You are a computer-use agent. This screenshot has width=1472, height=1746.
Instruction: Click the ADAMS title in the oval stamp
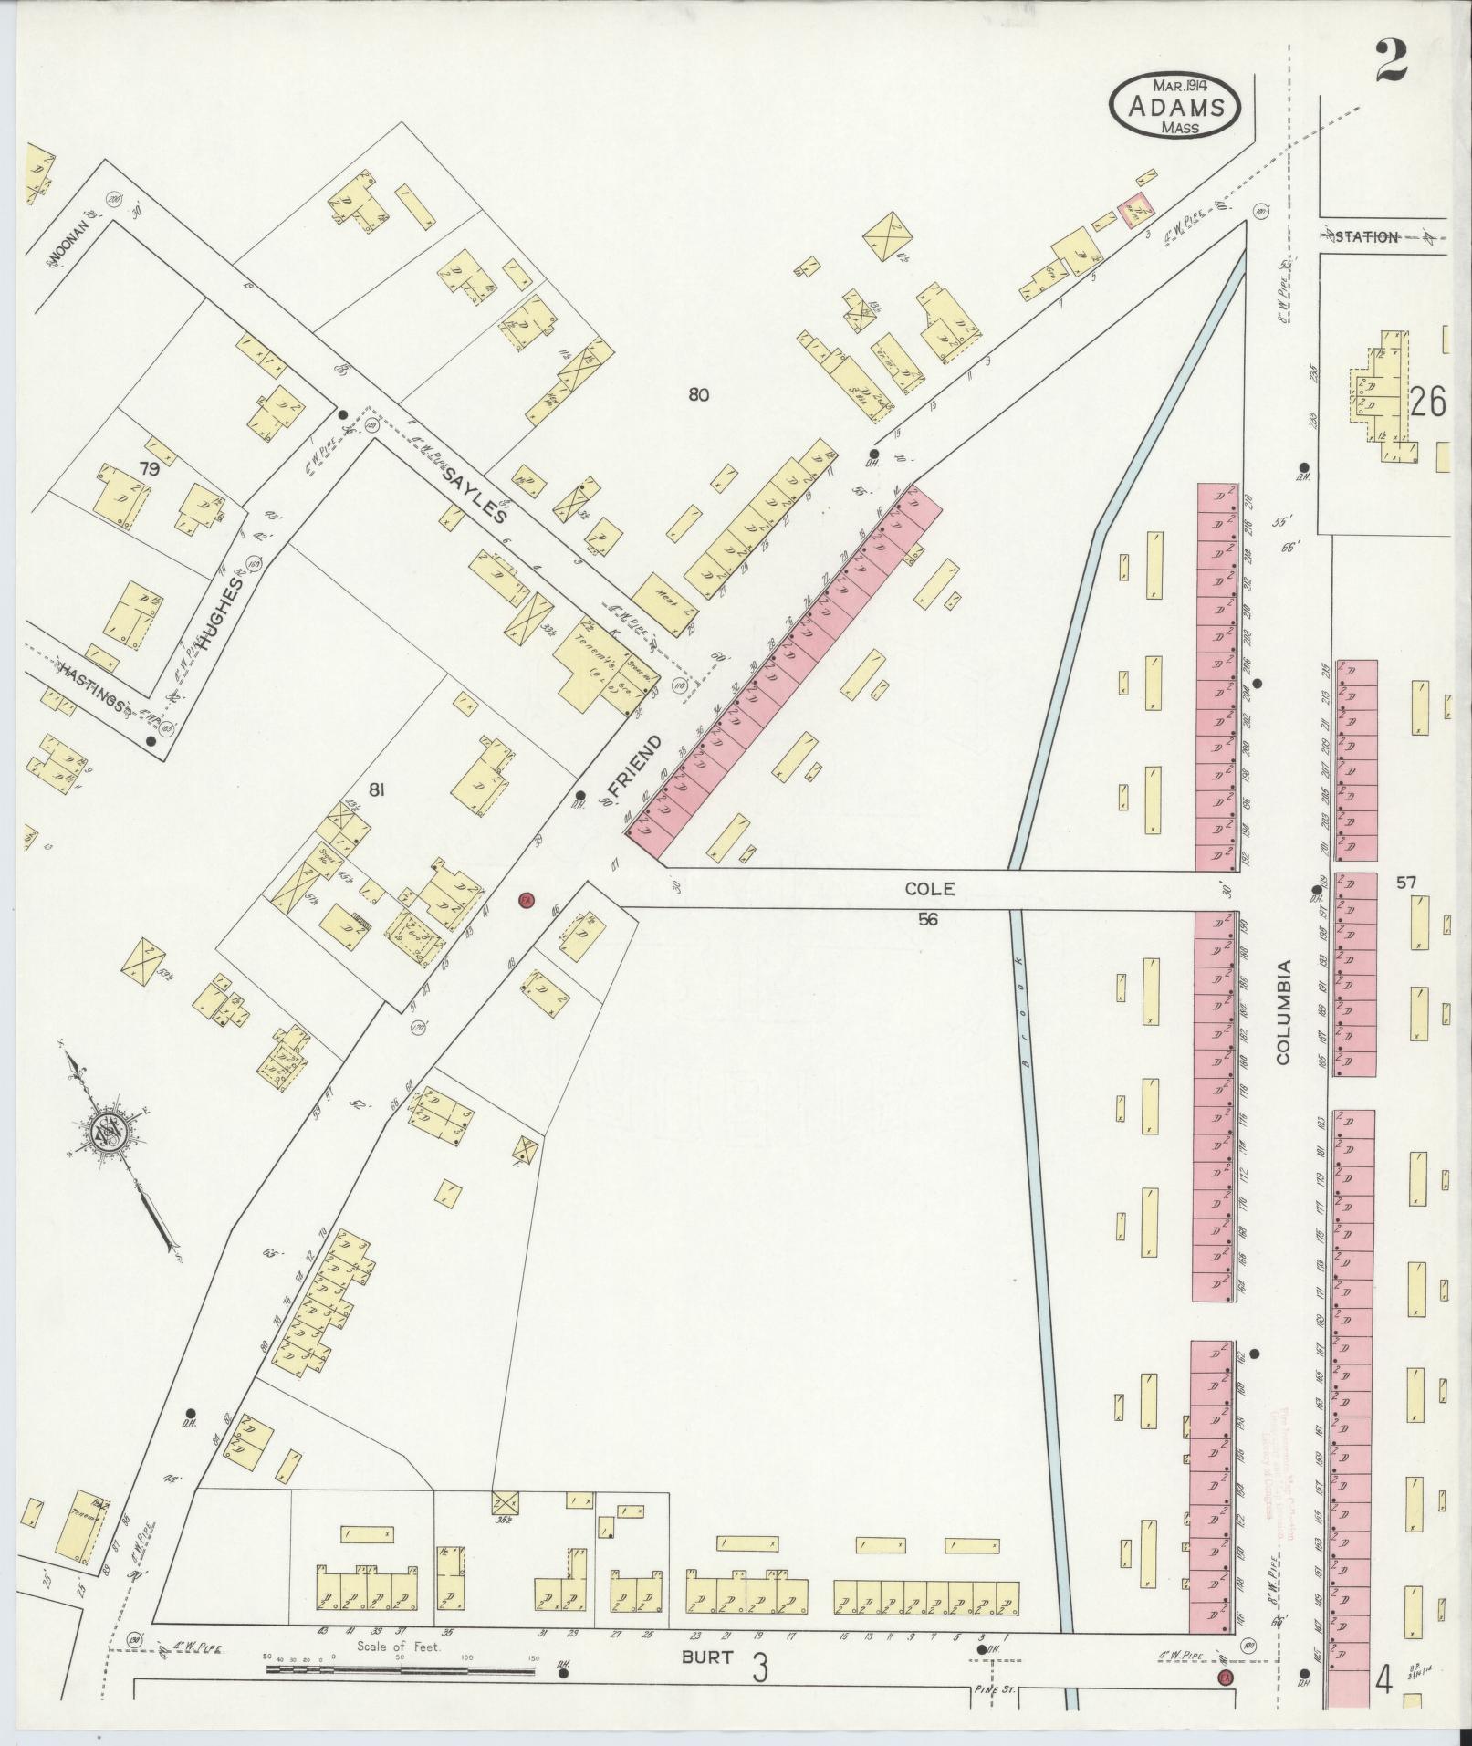(x=1174, y=108)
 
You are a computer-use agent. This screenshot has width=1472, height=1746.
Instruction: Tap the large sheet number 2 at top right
(x=1392, y=62)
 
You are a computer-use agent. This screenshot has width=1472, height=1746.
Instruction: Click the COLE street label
(x=929, y=888)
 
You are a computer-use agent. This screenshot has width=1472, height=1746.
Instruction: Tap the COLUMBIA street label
(x=1285, y=1011)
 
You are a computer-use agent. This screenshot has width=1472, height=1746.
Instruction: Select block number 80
(x=699, y=395)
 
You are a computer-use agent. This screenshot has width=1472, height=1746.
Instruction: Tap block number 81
(x=376, y=791)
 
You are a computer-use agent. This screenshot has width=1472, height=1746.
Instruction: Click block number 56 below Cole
(x=928, y=920)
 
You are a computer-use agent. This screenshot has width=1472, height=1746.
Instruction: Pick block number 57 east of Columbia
(x=1405, y=883)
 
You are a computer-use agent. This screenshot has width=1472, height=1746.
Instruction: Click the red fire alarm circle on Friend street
(x=525, y=901)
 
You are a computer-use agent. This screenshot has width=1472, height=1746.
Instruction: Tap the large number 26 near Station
(x=1428, y=402)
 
